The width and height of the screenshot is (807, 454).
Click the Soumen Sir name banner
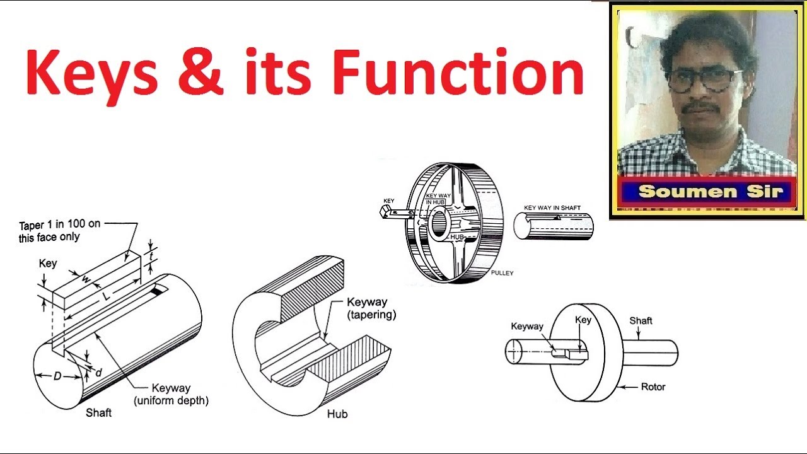point(709,192)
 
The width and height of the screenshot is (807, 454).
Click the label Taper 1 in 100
point(59,231)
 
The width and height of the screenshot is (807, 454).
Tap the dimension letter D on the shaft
point(57,376)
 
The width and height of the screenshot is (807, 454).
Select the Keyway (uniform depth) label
point(170,394)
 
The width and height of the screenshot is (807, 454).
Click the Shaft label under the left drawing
point(98,412)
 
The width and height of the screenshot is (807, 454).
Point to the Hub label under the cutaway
point(337,414)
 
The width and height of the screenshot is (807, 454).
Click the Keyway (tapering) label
point(371,308)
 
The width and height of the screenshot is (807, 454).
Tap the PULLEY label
point(502,273)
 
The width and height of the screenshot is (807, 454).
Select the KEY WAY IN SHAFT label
point(552,208)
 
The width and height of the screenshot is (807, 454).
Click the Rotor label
point(653,387)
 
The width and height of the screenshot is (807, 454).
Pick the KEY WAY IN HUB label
point(439,199)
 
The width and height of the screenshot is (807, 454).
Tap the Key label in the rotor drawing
point(583,320)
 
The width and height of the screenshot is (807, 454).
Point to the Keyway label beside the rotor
point(526,326)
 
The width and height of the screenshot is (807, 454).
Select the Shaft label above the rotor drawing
point(641,320)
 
